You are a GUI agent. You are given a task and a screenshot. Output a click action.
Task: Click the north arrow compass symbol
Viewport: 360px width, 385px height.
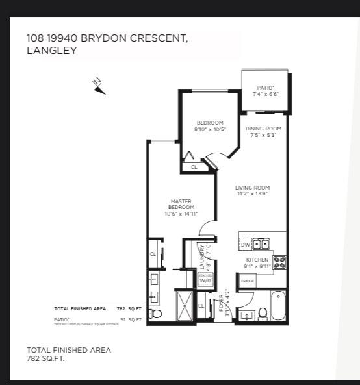click(x=99, y=86)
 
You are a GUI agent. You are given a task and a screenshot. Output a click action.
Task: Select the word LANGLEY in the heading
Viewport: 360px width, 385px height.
click(x=51, y=50)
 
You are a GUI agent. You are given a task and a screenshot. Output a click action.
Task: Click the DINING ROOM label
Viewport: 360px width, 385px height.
click(x=263, y=129)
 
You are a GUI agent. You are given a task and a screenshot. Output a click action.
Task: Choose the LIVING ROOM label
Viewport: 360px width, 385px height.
click(x=251, y=188)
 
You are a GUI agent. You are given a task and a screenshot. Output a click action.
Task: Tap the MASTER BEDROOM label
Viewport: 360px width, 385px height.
click(x=181, y=205)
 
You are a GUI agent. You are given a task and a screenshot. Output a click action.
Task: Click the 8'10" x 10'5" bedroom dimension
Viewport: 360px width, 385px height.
click(x=210, y=130)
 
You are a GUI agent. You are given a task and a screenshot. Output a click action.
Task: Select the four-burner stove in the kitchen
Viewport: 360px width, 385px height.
click(x=279, y=262)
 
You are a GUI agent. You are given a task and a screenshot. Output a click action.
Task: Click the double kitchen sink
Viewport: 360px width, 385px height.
click(x=261, y=245)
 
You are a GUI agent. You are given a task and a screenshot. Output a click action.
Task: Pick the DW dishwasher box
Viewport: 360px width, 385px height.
click(x=245, y=245)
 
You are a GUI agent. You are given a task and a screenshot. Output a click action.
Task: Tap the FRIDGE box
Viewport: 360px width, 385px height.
click(x=248, y=281)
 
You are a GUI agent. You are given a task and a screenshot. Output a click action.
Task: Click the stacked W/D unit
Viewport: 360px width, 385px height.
click(x=205, y=279)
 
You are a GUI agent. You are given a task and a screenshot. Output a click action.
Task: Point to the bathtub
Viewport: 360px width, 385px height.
click(x=278, y=306)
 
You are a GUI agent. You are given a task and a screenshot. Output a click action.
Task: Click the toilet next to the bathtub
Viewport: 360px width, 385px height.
click(x=263, y=314)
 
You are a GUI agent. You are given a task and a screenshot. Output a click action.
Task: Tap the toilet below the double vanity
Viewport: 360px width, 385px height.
click(x=155, y=314)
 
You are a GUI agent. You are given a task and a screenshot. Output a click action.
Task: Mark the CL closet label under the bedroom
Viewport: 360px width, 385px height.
click(x=194, y=167)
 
